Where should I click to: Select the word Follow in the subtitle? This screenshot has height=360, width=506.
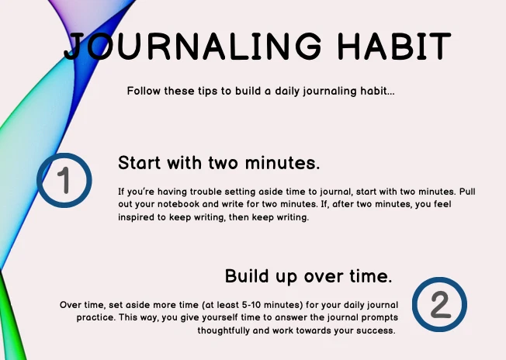coord(145,91)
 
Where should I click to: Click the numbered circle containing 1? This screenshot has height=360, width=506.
coord(64,180)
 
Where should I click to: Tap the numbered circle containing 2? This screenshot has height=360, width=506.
coord(439,304)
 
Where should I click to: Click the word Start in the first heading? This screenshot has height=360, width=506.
coord(141,164)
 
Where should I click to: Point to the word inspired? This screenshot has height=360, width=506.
coord(137,217)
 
